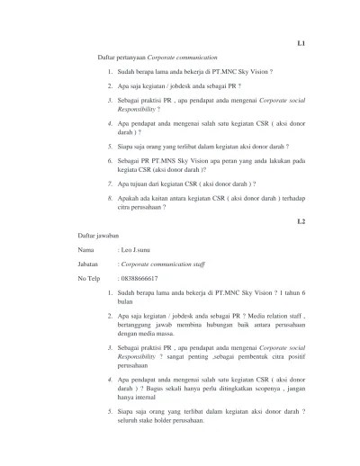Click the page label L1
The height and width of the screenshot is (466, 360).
301,41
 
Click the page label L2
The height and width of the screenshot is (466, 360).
301,220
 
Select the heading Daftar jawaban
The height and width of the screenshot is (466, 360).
97,234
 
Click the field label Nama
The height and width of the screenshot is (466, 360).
85,249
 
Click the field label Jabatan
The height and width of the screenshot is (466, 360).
88,265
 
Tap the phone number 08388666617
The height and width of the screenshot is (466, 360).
142,281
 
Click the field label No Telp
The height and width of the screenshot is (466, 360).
90,281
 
